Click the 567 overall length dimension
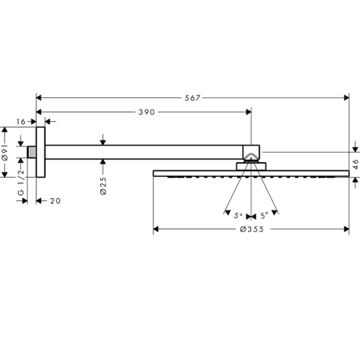(193, 98)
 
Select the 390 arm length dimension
(147, 112)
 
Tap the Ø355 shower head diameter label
(252, 229)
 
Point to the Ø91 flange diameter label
(5, 152)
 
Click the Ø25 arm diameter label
(103, 186)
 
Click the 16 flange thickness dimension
(20, 122)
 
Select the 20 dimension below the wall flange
(55, 201)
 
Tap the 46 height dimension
(355, 164)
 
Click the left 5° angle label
(238, 215)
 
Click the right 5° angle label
(264, 215)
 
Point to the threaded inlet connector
(32, 152)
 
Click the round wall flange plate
(41, 152)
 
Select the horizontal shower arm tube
(144, 152)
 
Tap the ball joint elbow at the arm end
(251, 153)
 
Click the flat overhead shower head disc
(251, 173)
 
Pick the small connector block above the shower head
(251, 166)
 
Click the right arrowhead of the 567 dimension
(347, 98)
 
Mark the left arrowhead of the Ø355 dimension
(155, 229)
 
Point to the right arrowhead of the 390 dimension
(248, 112)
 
